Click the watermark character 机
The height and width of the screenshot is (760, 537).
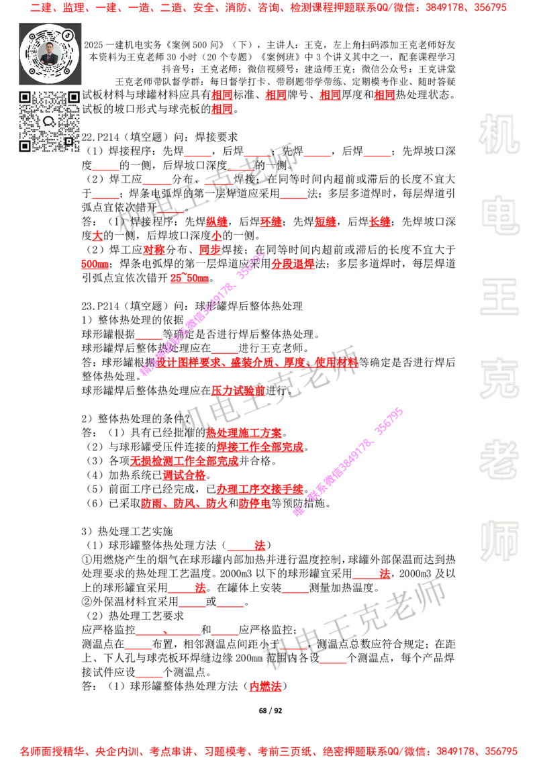coord(499,134)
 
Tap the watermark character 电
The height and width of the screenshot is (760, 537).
coord(501,215)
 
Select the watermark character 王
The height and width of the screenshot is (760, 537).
coord(499,297)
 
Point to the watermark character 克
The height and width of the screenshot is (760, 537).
coord(499,379)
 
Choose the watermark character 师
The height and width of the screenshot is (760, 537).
coord(499,542)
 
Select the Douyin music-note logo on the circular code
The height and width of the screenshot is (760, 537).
coord(68,34)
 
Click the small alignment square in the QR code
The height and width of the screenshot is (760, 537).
coord(68,140)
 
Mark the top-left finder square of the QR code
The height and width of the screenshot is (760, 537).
coord(25,97)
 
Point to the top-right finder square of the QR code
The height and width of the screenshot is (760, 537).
coord(74,97)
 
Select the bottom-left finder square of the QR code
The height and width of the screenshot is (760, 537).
coord(25,146)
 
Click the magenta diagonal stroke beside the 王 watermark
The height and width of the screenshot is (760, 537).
coord(201,314)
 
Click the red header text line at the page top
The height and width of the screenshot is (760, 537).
coord(268,9)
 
